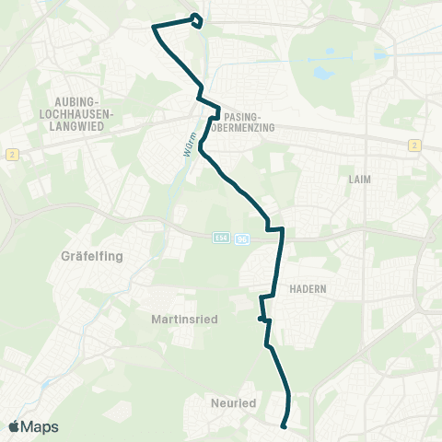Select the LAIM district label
tap(361, 179)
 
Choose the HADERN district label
tap(307, 288)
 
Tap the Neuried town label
tap(233, 403)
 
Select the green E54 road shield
tap(218, 238)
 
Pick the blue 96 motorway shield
tap(241, 238)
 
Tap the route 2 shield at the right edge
tap(415, 145)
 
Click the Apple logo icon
tap(15, 426)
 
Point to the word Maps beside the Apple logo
tap(41, 426)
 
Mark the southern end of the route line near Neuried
tap(284, 425)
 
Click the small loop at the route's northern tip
tap(197, 19)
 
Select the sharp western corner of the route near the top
tap(154, 28)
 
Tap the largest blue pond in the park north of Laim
tap(322, 72)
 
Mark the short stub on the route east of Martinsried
tap(262, 319)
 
